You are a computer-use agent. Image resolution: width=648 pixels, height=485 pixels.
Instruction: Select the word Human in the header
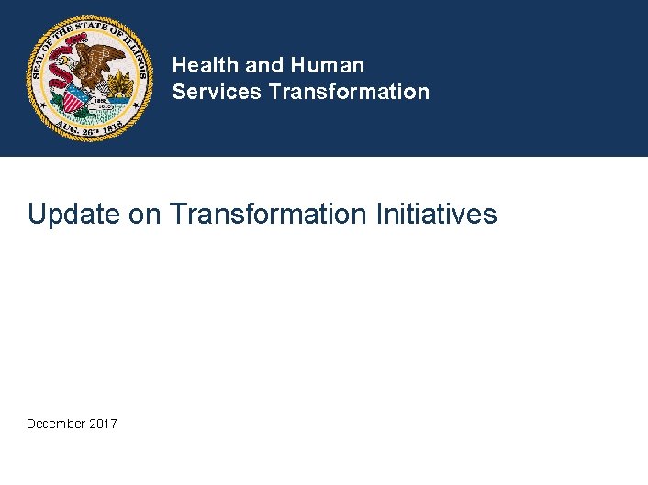(x=328, y=65)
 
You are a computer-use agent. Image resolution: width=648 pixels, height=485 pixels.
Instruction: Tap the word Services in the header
(x=218, y=92)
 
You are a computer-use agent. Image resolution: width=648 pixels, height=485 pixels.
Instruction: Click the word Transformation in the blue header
(x=349, y=92)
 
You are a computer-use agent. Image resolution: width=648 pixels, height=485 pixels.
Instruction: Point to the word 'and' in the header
(x=264, y=65)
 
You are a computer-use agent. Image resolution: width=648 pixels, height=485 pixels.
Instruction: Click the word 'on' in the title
(x=144, y=215)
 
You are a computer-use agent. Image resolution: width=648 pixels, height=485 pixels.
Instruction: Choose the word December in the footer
(x=57, y=424)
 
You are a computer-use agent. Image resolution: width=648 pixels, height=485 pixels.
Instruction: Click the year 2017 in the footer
(x=104, y=424)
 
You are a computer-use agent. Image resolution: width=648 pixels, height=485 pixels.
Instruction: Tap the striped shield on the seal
(x=76, y=95)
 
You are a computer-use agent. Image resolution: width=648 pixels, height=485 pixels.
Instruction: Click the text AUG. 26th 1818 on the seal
(x=88, y=128)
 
